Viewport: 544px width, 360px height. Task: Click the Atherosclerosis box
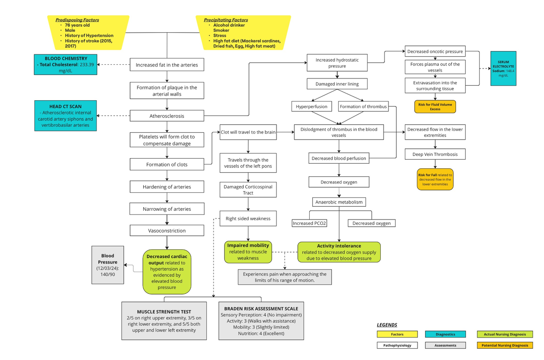pyautogui.click(x=167, y=116)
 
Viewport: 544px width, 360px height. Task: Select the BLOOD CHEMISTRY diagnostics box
pyautogui.click(x=66, y=65)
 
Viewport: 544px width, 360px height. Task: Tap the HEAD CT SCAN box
pyautogui.click(x=66, y=116)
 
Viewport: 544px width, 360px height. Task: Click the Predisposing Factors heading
pyautogui.click(x=77, y=20)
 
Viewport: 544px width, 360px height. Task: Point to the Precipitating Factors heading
pyautogui.click(x=226, y=20)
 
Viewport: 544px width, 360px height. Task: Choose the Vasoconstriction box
pyautogui.click(x=167, y=231)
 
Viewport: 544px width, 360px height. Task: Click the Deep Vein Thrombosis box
pyautogui.click(x=435, y=154)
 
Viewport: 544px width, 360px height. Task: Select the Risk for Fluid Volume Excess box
pyautogui.click(x=435, y=107)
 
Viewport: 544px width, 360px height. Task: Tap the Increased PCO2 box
pyautogui.click(x=310, y=223)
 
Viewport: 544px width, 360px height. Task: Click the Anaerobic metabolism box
pyautogui.click(x=340, y=202)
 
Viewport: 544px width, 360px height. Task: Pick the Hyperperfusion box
pyautogui.click(x=311, y=107)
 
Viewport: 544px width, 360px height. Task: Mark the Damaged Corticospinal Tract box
pyautogui.click(x=248, y=190)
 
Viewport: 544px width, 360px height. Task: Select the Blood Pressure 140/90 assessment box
pyautogui.click(x=108, y=265)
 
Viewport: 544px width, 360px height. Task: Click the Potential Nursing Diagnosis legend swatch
pyautogui.click(x=505, y=345)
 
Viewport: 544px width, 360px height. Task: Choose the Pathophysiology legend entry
pyautogui.click(x=397, y=345)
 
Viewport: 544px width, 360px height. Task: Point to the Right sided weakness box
pyautogui.click(x=248, y=219)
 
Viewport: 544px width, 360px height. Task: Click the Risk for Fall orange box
pyautogui.click(x=435, y=179)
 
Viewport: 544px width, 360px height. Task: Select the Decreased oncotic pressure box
pyautogui.click(x=435, y=51)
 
